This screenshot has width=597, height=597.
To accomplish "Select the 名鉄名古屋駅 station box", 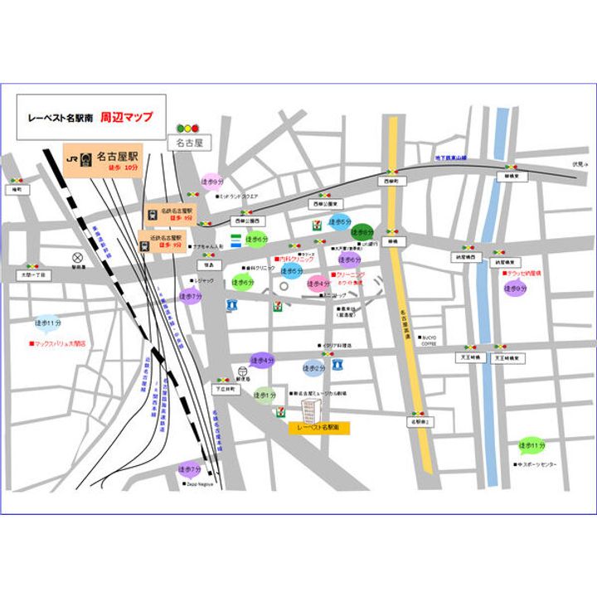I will (x=170, y=215).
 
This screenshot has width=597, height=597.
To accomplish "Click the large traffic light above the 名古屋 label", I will (x=188, y=129).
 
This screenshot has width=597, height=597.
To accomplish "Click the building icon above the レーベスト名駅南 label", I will (x=310, y=409).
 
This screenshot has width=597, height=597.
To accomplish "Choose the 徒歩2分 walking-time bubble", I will (x=313, y=366).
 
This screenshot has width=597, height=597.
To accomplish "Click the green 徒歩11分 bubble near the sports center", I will (x=531, y=445).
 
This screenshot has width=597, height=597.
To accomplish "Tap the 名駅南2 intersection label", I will (x=419, y=423).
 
